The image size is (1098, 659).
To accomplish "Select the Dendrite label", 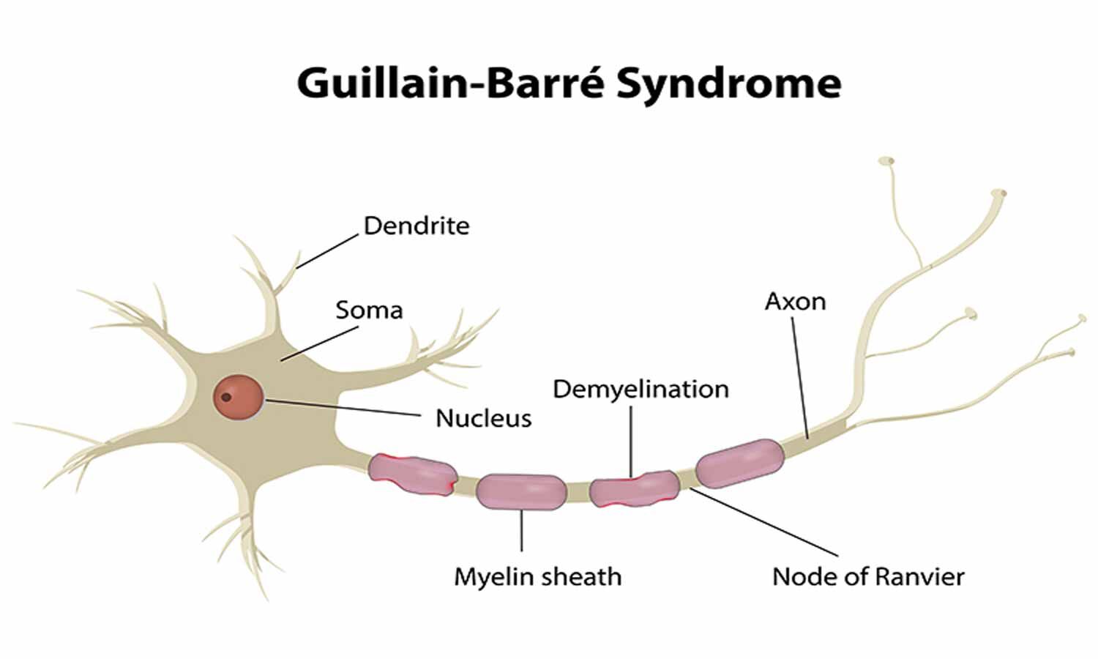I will [416, 226].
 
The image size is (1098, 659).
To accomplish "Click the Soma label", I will [369, 310].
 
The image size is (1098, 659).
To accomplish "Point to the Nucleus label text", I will [483, 418].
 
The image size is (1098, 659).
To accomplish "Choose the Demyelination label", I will [640, 389].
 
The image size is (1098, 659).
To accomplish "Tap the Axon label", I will [795, 301].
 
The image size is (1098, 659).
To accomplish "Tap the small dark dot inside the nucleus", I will [226, 398].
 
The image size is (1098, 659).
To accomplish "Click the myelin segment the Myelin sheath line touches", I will [520, 491].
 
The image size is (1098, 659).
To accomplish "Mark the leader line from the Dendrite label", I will [327, 251].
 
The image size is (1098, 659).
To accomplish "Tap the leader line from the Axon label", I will [799, 377].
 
